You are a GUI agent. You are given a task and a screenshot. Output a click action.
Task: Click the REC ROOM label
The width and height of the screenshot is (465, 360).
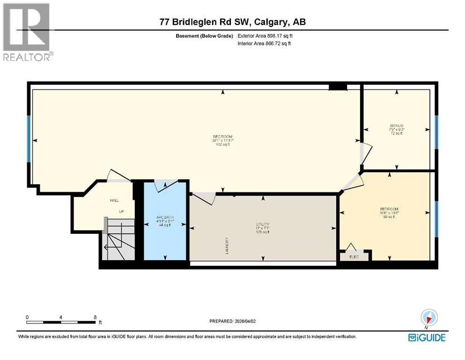222,136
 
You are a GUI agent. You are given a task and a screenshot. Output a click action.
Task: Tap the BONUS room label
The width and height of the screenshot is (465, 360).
397,126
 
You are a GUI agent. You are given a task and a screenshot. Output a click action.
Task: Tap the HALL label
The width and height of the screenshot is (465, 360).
114,200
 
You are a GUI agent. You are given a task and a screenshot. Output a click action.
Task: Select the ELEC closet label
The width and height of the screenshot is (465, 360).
354,257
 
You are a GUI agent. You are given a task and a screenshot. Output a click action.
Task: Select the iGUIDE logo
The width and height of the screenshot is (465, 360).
427,337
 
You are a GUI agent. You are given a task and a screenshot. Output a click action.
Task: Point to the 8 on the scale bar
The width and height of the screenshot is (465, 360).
95,317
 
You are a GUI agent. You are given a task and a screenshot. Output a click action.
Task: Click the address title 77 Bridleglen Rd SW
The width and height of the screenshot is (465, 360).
232,22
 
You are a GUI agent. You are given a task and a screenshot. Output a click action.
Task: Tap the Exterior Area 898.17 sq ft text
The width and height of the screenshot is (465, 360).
266,36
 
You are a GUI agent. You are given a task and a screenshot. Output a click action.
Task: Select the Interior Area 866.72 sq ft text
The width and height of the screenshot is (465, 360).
265,44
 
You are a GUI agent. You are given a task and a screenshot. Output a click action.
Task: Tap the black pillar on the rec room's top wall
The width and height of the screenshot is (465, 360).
337,87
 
